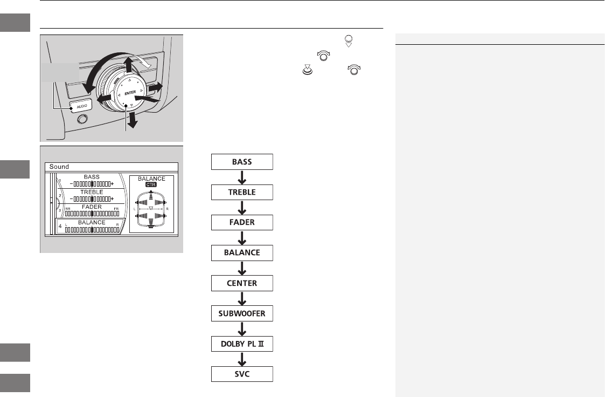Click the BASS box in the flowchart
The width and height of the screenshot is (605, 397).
(x=242, y=161)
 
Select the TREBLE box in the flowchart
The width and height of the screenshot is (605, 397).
(x=242, y=191)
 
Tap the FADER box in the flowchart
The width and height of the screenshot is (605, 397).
(x=242, y=222)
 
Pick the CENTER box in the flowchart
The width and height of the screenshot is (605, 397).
(x=242, y=283)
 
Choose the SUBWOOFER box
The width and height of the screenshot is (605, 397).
(x=242, y=313)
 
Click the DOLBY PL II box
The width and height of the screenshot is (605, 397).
(x=242, y=344)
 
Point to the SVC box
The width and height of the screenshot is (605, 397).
(x=242, y=374)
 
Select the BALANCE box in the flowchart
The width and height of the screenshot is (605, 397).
(x=242, y=252)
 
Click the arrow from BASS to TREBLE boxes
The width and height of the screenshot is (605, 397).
(x=242, y=176)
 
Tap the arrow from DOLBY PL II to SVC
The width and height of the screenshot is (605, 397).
(x=242, y=359)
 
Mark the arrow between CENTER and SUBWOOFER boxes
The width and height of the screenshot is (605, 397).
(x=242, y=298)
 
